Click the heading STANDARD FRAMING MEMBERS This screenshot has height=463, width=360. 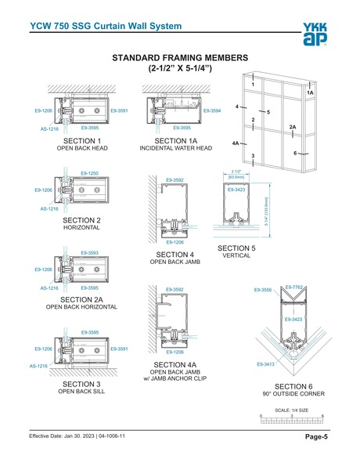[181, 58]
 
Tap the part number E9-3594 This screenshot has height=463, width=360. [211, 112]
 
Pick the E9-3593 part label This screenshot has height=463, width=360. [91, 253]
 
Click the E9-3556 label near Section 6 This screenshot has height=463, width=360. [264, 291]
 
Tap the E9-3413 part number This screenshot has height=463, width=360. [266, 364]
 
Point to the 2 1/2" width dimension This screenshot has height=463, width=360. [236, 172]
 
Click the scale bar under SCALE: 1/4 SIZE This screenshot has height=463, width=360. [293, 421]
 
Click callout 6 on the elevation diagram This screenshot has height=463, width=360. [296, 153]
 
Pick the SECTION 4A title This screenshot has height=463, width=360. [170, 365]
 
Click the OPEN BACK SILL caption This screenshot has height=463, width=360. [81, 391]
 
